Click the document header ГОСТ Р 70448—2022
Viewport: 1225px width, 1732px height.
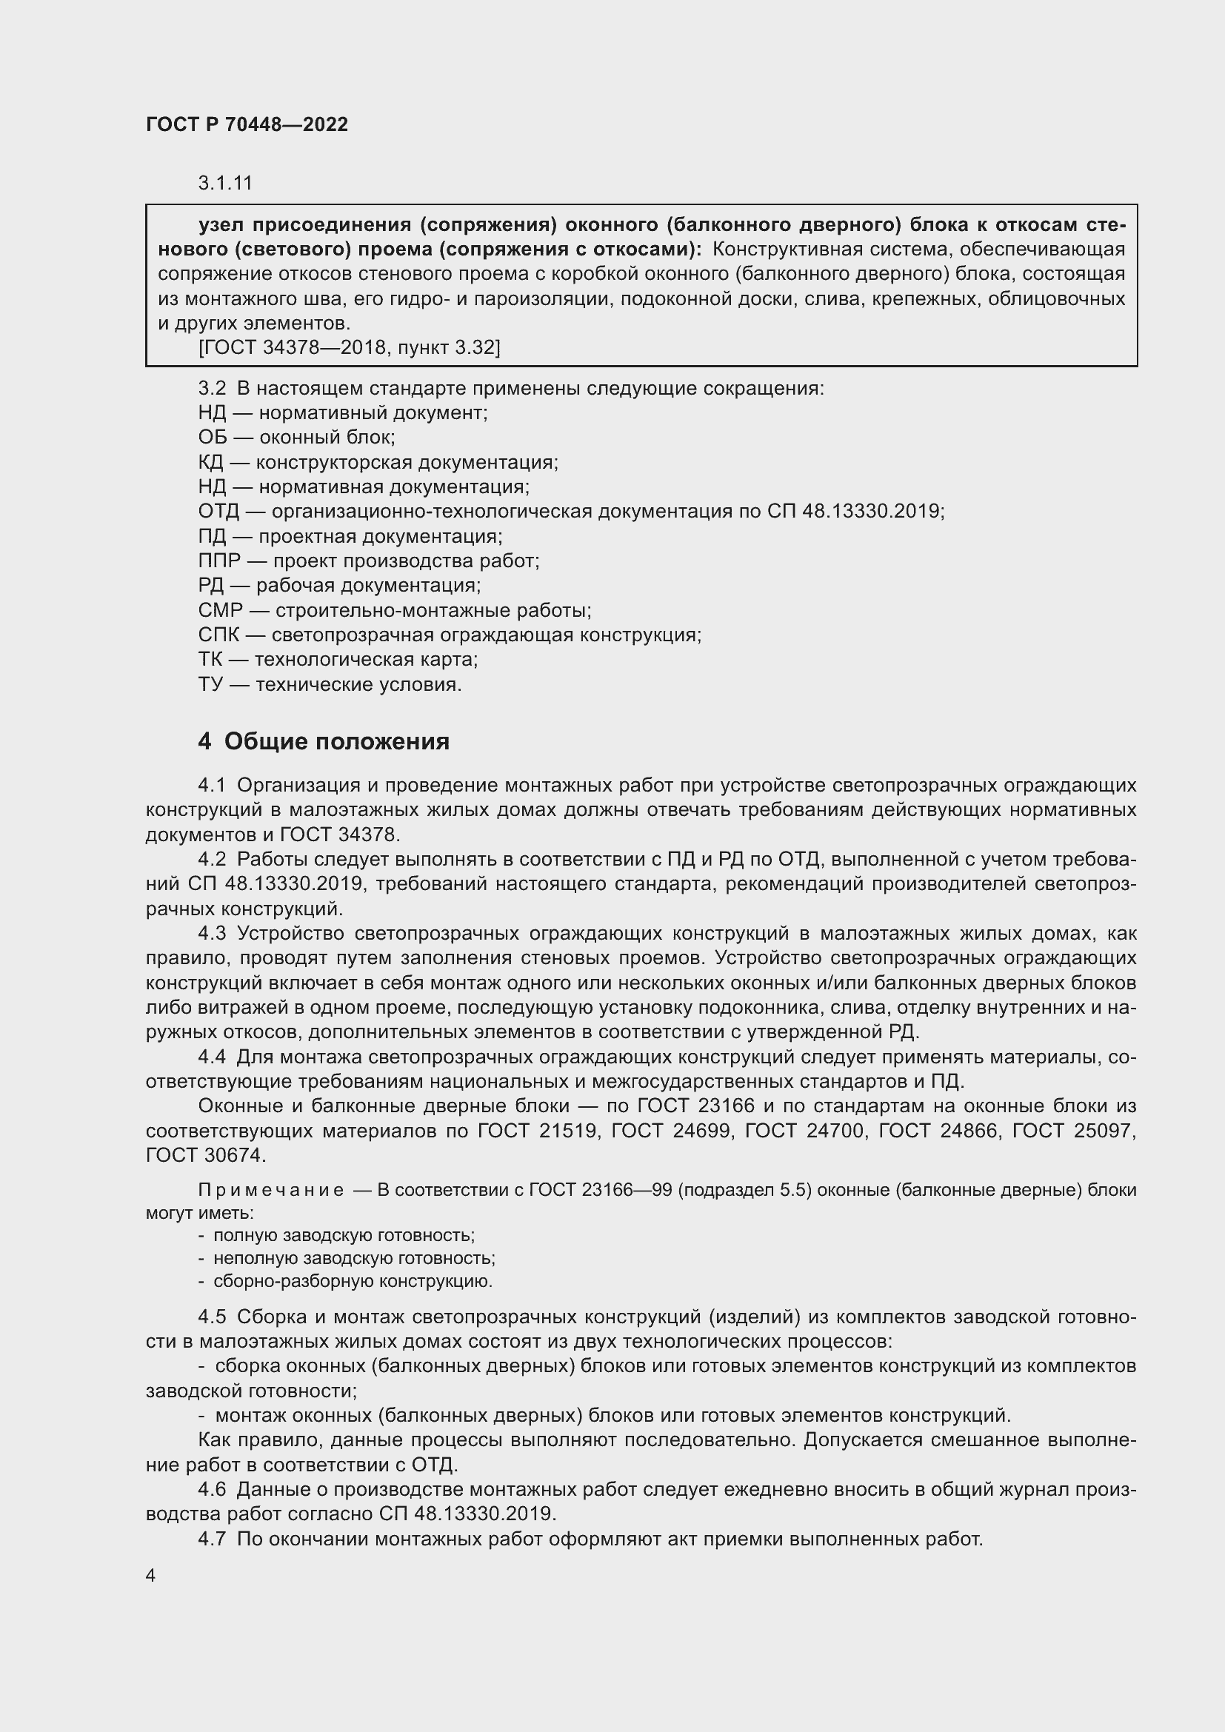tap(247, 124)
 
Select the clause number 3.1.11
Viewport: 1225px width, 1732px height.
tap(225, 184)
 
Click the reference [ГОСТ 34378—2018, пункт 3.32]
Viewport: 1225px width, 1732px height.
tap(349, 348)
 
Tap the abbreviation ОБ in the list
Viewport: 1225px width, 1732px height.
tap(212, 438)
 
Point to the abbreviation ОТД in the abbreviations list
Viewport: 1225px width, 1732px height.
tap(218, 512)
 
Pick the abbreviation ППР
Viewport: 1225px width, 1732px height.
tap(218, 561)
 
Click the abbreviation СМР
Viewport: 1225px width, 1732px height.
tap(220, 610)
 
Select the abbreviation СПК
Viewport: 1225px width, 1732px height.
tap(218, 635)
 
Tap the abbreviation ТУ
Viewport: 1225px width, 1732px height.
tap(210, 685)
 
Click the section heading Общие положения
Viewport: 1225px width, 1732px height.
tap(336, 741)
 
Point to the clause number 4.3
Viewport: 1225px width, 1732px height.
tap(212, 934)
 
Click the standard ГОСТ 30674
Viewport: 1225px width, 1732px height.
tap(204, 1156)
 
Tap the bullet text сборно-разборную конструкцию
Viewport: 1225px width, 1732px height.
tap(353, 1282)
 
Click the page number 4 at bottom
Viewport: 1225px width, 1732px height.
tap(151, 1576)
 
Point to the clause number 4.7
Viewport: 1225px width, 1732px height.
tap(212, 1539)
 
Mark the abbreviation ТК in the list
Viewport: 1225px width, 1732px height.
tap(210, 660)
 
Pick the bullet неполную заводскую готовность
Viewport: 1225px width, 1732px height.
tap(354, 1258)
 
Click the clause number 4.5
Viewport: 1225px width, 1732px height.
tap(212, 1317)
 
